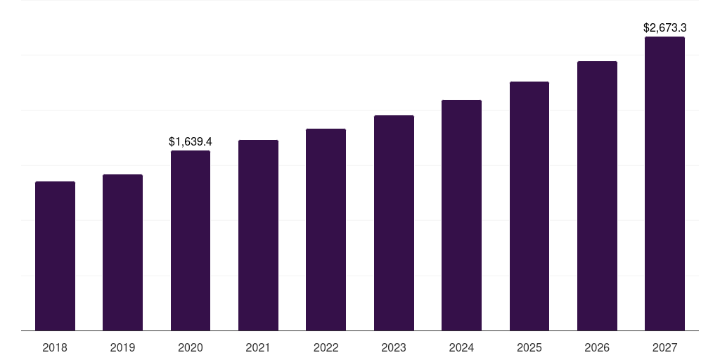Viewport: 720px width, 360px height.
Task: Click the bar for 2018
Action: tap(55, 256)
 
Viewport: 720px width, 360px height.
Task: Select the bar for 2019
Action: tap(122, 252)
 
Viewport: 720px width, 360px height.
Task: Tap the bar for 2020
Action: tap(191, 240)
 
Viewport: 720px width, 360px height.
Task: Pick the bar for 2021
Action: tap(258, 236)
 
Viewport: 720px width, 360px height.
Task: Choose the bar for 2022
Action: tap(326, 230)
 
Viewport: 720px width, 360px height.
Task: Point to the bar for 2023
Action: tap(394, 223)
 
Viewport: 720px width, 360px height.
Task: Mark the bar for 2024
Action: tap(461, 215)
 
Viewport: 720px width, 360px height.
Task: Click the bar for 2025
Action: tap(529, 206)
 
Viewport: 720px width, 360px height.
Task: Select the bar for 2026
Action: tap(597, 196)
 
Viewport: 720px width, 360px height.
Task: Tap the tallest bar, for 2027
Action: tap(664, 184)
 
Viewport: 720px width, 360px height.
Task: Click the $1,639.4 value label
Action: tap(191, 142)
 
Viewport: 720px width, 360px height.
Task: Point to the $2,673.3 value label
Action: tap(664, 28)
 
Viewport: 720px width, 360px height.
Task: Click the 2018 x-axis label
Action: tap(55, 347)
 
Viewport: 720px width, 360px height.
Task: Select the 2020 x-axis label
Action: tap(191, 347)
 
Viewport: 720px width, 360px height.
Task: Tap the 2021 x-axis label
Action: tap(258, 347)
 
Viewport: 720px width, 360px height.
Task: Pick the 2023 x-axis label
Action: tap(394, 347)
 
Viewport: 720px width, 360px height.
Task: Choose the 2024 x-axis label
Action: tap(461, 347)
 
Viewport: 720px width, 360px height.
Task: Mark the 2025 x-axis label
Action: tap(529, 347)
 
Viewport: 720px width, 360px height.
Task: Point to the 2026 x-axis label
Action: tap(597, 347)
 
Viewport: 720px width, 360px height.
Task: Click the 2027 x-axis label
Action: tap(664, 347)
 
